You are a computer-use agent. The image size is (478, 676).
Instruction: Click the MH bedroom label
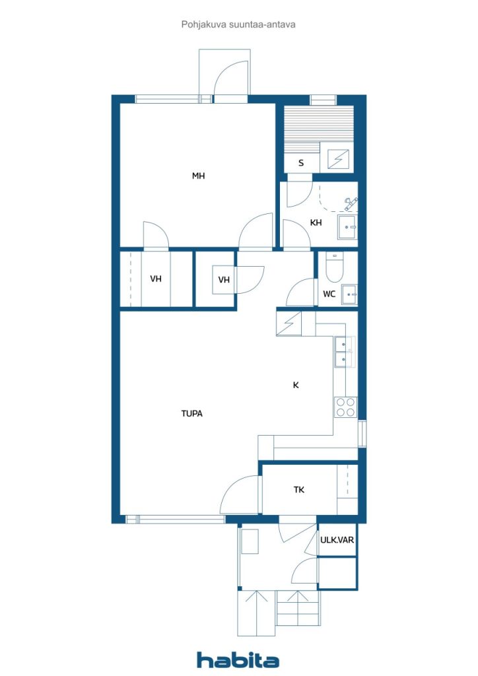click(x=198, y=176)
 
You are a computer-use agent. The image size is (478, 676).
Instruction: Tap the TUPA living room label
click(x=192, y=413)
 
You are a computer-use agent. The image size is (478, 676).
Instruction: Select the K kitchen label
click(x=296, y=385)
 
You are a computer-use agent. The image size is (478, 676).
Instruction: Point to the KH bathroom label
click(x=316, y=222)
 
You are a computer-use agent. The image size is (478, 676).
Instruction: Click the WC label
click(x=329, y=294)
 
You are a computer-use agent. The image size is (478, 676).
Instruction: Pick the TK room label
click(x=298, y=489)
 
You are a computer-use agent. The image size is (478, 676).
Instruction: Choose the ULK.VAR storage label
click(x=337, y=539)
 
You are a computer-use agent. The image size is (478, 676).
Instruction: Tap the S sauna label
click(x=301, y=163)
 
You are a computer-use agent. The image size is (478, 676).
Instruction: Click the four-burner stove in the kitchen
click(x=346, y=407)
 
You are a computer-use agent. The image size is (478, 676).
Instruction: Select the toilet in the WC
click(x=335, y=267)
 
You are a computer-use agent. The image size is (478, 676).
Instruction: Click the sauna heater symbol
click(x=338, y=160)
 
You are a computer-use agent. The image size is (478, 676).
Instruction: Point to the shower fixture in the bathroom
click(x=351, y=203)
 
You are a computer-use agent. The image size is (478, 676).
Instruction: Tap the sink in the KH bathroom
click(x=348, y=227)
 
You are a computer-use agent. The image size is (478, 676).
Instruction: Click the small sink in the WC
click(x=349, y=294)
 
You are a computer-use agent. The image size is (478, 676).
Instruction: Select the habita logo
click(x=238, y=659)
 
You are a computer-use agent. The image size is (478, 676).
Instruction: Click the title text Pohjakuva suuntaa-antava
click(x=238, y=24)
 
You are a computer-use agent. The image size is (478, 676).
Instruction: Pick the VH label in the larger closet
click(x=156, y=279)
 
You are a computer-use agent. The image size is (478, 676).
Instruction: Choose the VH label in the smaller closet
click(x=224, y=280)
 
